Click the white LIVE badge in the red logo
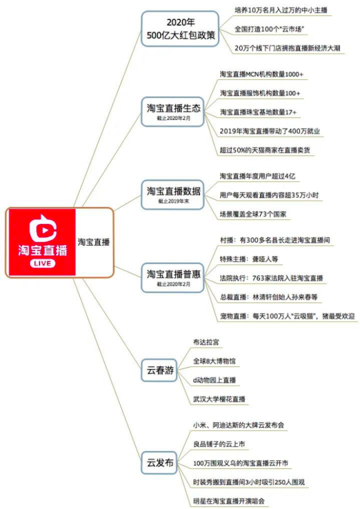coord(42,263)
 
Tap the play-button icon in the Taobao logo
coord(43,228)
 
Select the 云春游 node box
coord(159,370)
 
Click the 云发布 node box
coord(159,462)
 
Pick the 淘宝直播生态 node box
coord(173,112)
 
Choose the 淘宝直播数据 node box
coord(173,195)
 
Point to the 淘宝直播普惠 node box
coord(173,278)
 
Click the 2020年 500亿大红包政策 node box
coord(180,29)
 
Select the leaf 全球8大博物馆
coord(215,361)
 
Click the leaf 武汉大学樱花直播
coord(219,399)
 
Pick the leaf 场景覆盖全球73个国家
coord(253,214)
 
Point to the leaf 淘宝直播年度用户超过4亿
coord(257,177)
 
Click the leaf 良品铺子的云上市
coord(219,444)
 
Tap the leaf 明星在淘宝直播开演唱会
coord(229,501)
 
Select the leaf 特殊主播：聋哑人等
coord(249,259)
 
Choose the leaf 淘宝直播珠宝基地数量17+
coord(258,112)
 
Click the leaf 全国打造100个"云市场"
coord(269,29)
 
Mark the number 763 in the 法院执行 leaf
coord(258,278)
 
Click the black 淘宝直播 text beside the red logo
coord(93,242)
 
